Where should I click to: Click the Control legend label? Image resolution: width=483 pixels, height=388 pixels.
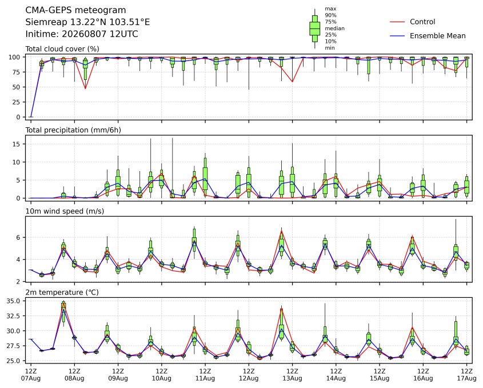422,22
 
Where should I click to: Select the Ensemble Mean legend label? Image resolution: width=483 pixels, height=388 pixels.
437,36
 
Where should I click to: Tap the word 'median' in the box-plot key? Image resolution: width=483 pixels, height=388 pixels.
334,29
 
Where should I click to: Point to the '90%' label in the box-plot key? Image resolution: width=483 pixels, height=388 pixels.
330,15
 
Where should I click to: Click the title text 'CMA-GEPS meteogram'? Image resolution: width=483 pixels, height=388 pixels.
75,10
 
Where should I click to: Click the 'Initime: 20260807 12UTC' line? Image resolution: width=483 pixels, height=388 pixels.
82,34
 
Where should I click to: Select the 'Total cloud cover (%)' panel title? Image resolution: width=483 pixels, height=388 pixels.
62,49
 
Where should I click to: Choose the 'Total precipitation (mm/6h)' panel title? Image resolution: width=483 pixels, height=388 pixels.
73,130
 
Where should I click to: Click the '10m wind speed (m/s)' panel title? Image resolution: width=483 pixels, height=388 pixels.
65,211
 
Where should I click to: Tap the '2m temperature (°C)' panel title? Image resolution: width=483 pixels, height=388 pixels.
62,292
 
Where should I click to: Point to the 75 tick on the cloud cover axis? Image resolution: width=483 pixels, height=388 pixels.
17,72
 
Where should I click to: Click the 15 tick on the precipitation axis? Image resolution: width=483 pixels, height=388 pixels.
17,144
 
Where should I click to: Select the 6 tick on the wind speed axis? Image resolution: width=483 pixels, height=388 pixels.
19,237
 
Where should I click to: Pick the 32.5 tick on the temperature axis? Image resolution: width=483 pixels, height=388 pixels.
14,316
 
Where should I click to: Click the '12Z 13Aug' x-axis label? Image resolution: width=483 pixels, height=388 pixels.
292,374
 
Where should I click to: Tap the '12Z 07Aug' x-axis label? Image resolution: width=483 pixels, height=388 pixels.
30,374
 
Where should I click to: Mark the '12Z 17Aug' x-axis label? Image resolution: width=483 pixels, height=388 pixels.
466,374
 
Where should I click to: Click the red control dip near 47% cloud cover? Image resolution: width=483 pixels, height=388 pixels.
85,88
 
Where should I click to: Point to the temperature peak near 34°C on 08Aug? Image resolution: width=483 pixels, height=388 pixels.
63,304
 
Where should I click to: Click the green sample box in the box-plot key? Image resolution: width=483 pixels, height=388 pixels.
314,29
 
